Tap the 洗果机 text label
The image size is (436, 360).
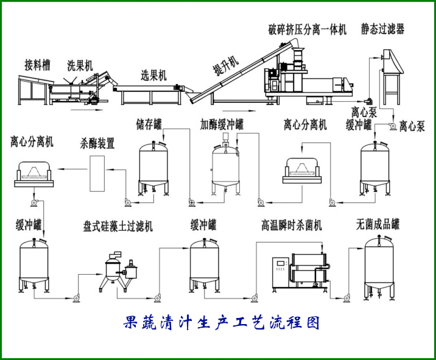pos(80,65)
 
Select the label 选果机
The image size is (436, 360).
pos(154,76)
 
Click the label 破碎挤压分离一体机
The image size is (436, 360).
pos(307,29)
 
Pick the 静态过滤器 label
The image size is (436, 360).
pos(382,29)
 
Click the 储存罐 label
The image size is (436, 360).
pos(149,125)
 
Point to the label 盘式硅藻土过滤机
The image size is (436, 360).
pos(118,226)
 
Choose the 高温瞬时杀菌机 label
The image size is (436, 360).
pos(292,225)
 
